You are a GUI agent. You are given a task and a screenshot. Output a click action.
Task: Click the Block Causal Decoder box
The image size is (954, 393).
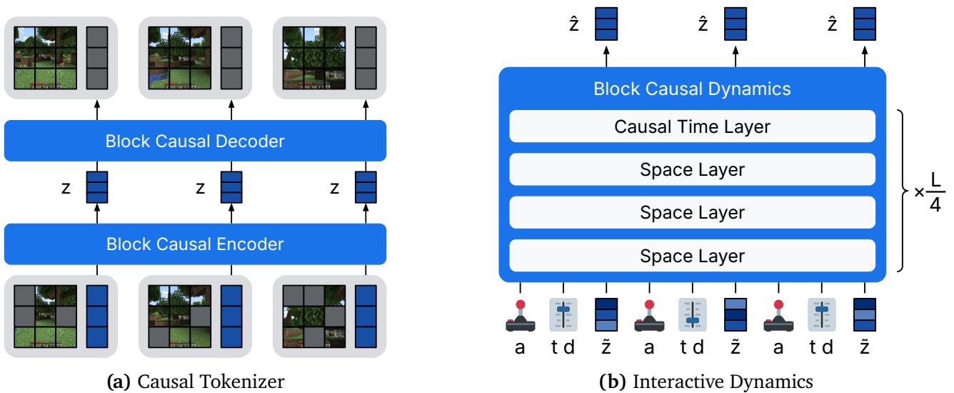(x=195, y=141)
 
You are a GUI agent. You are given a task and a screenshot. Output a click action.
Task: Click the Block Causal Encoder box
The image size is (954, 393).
(x=195, y=244)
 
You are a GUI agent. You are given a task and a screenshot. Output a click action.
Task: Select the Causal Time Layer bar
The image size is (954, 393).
(x=692, y=127)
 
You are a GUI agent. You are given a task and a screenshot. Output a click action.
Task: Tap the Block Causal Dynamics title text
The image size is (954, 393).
(x=692, y=90)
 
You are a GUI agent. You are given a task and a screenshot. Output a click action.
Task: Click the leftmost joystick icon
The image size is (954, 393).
(x=521, y=315)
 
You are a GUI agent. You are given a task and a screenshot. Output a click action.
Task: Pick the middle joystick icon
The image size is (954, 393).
(x=649, y=315)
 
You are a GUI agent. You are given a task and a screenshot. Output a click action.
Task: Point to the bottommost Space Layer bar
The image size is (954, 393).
(x=692, y=256)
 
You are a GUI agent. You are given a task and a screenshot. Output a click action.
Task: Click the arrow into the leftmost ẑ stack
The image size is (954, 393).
(x=606, y=56)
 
